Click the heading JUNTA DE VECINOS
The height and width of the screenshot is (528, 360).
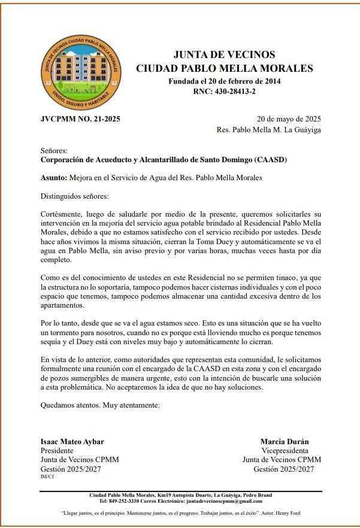click(x=224, y=55)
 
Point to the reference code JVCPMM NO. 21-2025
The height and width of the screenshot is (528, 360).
click(x=80, y=119)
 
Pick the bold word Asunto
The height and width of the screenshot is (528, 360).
click(x=53, y=178)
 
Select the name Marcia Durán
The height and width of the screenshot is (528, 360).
click(x=285, y=442)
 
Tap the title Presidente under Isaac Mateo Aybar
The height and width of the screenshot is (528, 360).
click(x=57, y=451)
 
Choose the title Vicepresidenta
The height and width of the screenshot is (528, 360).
click(x=285, y=451)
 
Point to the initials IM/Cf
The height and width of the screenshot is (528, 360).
click(x=46, y=477)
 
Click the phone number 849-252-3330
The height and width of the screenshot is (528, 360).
click(x=129, y=501)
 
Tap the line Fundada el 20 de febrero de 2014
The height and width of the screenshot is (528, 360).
click(x=224, y=81)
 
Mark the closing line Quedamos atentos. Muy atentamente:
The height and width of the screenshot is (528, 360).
click(x=100, y=405)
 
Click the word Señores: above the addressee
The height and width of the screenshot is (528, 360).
click(x=54, y=151)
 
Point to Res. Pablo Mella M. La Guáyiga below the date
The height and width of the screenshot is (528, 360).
click(x=269, y=129)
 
